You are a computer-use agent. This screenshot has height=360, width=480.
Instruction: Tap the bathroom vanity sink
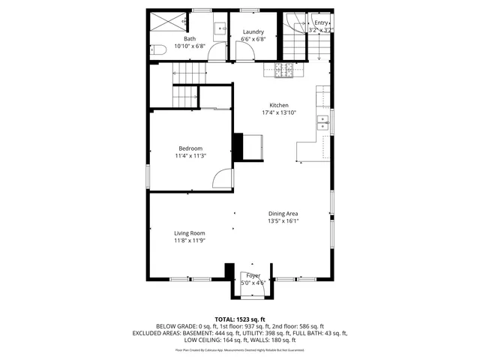220,30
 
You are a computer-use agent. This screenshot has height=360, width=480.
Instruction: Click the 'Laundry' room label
253,31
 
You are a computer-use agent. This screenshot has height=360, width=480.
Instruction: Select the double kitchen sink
324,124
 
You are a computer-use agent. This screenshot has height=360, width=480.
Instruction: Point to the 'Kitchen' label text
279,105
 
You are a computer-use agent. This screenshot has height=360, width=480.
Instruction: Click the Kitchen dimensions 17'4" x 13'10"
279,113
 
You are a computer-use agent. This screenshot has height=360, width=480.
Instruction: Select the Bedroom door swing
223,178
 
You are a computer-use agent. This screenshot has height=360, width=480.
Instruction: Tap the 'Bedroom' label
190,148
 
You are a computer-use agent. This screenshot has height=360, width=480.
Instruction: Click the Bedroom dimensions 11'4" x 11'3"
190,156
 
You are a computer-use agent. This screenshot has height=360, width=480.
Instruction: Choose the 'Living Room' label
190,233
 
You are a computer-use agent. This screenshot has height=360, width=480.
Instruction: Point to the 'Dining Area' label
283,214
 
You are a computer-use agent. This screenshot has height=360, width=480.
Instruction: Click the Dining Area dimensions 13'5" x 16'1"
283,221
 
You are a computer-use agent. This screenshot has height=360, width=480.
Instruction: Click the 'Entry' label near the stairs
321,23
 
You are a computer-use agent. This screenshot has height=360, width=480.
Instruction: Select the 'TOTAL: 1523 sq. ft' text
240,319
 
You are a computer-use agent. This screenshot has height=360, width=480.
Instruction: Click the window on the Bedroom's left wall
148,174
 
